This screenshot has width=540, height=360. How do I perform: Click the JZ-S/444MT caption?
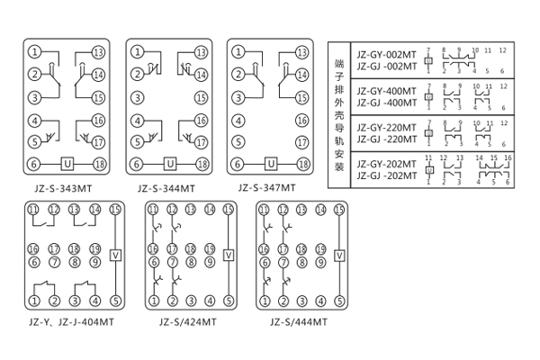tap(301, 319)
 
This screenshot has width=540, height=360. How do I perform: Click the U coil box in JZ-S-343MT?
tap(67, 164)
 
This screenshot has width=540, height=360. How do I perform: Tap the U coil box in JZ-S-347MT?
tap(271, 164)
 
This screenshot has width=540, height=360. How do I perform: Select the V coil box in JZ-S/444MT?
tap(339, 255)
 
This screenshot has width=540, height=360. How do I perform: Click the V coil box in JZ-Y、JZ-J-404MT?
tap(114, 255)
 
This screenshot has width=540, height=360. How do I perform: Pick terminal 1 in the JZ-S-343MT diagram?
tap(34, 52)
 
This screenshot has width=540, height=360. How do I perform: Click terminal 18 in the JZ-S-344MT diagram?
tap(202, 164)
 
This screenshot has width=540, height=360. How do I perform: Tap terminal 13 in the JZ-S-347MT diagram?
tap(303, 52)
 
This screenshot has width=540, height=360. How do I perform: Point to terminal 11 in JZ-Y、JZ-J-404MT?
tap(34, 210)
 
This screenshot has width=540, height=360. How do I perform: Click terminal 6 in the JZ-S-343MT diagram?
tap(34, 164)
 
